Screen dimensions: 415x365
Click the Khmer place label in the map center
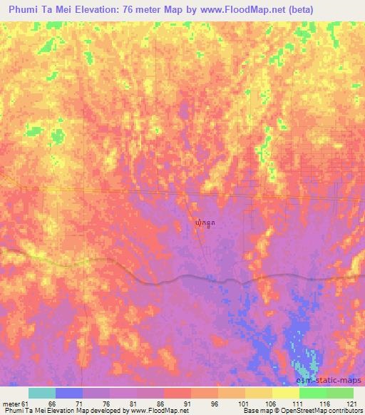pos(204,223)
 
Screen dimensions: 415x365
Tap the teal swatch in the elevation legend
pos(42,393)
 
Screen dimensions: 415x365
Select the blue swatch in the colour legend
pos(69,393)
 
